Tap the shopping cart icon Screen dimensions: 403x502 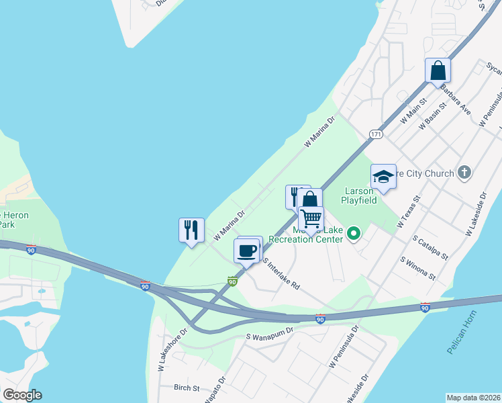311,218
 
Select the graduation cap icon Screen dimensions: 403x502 383,176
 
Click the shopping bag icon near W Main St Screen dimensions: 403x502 438,70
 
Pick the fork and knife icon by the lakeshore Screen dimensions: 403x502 191,230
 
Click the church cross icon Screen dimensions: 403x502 464,173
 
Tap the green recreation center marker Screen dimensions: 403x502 353,234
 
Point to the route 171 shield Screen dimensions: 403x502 376,135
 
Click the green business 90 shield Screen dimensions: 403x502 232,281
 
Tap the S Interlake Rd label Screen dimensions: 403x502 281,273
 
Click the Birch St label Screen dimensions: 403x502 187,388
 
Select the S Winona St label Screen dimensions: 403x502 417,269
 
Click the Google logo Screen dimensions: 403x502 22,395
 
